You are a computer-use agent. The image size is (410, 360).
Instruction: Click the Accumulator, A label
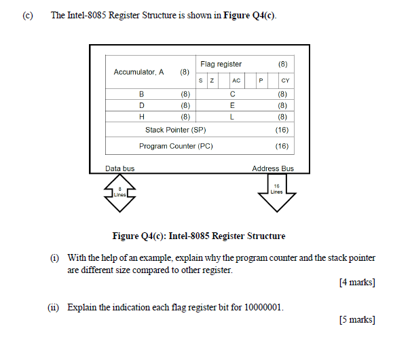coord(139,71)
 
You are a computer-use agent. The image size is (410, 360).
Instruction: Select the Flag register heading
coord(221,64)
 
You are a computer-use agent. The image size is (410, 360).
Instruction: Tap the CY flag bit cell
coord(285,81)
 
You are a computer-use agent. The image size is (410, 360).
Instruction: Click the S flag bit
coord(202,81)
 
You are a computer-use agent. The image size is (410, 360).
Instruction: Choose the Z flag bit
coord(212,81)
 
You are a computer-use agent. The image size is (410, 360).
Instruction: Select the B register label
coord(142,94)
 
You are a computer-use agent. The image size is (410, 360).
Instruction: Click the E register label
coord(233,105)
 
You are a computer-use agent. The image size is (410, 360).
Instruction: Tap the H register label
coord(142,116)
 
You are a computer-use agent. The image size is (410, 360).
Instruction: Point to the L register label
coord(233,116)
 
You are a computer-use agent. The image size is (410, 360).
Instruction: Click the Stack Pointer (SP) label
coord(175,129)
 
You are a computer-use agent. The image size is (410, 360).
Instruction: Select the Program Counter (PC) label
coord(176,146)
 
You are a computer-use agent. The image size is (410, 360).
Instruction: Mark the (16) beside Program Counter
coord(282,146)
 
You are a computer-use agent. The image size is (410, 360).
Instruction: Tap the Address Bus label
coord(273,168)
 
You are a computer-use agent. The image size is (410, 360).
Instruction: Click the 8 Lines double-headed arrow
coord(119,192)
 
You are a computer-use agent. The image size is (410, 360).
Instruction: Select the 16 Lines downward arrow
coord(276,193)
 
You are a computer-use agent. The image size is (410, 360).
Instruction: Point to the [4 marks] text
coord(356,282)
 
